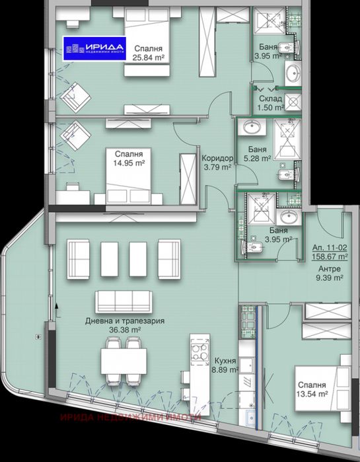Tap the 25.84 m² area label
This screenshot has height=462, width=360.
[148, 58]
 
